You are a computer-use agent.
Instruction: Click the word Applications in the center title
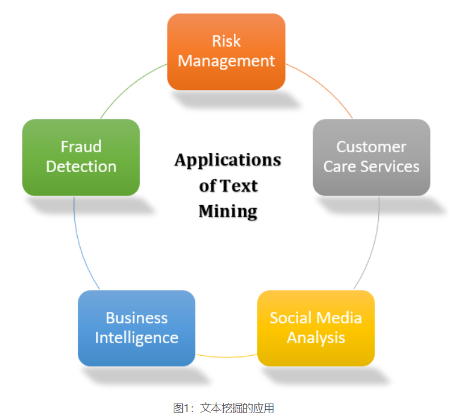(x=228, y=160)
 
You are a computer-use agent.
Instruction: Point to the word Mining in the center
(x=228, y=211)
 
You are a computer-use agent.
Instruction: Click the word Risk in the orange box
(x=226, y=41)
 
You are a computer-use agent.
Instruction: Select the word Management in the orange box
(x=226, y=61)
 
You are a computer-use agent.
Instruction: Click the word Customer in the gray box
(x=371, y=147)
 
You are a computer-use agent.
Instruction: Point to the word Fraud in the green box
(x=81, y=147)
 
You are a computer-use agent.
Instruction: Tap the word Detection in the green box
(x=81, y=167)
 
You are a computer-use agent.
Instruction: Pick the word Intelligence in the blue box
(x=136, y=338)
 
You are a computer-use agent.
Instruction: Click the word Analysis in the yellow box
(x=316, y=338)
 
